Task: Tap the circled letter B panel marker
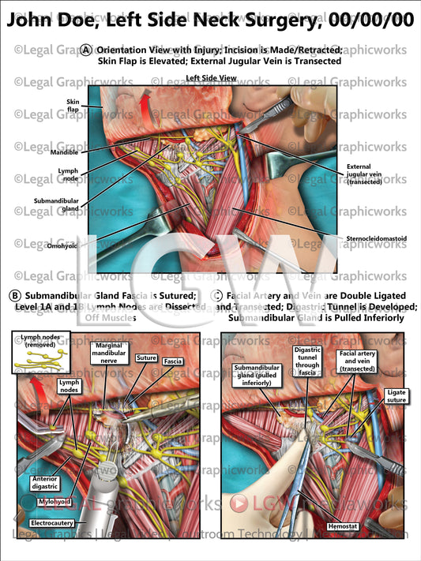point(14,297)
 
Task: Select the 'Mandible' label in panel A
point(64,152)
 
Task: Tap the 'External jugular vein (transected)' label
point(363,174)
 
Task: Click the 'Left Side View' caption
point(211,78)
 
